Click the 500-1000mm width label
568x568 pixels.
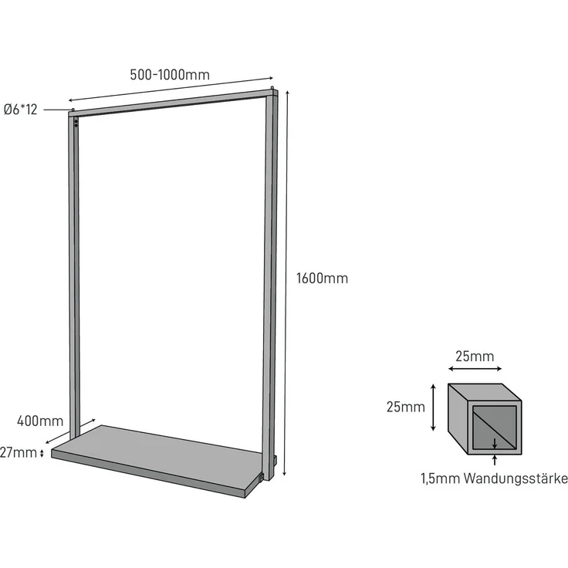tap(170, 75)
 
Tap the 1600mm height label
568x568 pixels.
tap(322, 278)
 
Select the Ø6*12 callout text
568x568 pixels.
tap(20, 110)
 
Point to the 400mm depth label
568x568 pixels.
tap(40, 421)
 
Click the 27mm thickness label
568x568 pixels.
tap(18, 452)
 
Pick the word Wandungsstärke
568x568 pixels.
tap(516, 478)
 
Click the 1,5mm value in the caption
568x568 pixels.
tap(441, 478)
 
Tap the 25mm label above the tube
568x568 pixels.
tap(475, 357)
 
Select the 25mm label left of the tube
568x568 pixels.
tap(405, 407)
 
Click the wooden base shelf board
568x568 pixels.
tap(157, 460)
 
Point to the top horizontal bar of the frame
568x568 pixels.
tap(173, 103)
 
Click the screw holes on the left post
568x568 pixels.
tap(76, 123)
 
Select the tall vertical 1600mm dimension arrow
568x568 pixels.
tap(286, 283)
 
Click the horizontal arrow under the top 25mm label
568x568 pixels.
tap(475, 369)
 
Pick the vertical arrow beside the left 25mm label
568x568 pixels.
tap(433, 408)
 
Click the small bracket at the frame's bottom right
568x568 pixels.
tap(261, 478)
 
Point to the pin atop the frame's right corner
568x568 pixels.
tap(272, 88)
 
